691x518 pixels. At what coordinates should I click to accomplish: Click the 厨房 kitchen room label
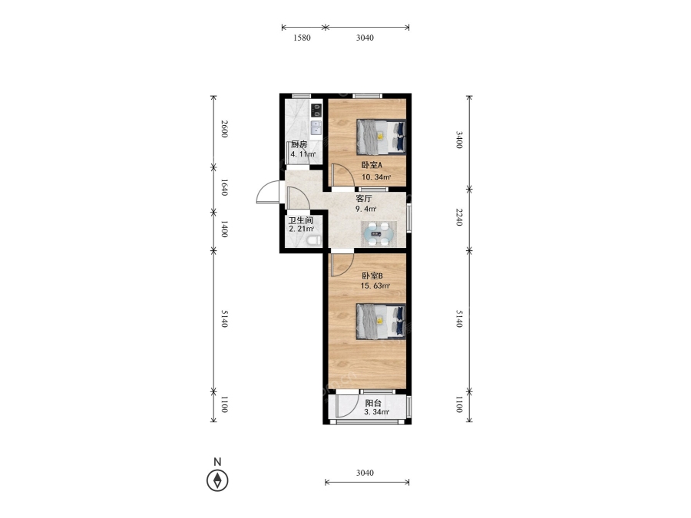pyautogui.click(x=299, y=144)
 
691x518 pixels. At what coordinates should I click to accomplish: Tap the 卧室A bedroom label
pyautogui.click(x=372, y=166)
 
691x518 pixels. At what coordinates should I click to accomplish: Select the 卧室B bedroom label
pyautogui.click(x=372, y=276)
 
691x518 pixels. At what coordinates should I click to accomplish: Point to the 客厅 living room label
pyautogui.click(x=364, y=199)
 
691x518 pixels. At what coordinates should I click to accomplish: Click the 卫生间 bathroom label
pyautogui.click(x=300, y=220)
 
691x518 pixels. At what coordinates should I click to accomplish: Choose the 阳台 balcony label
pyautogui.click(x=373, y=403)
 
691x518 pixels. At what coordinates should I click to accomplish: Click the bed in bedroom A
pyautogui.click(x=381, y=137)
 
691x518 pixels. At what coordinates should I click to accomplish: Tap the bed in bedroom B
pyautogui.click(x=381, y=322)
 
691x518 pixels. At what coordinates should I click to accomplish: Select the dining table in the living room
pyautogui.click(x=379, y=234)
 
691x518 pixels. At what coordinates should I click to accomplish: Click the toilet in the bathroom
pyautogui.click(x=313, y=240)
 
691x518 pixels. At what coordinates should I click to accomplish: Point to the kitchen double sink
pyautogui.click(x=316, y=127)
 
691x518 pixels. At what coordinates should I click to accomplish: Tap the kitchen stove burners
pyautogui.click(x=316, y=111)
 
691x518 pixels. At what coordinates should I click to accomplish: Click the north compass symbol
pyautogui.click(x=217, y=480)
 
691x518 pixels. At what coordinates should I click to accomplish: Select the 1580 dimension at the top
pyautogui.click(x=302, y=38)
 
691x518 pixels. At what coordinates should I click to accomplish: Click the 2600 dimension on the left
pyautogui.click(x=224, y=129)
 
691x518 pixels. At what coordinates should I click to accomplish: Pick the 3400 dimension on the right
pyautogui.click(x=459, y=139)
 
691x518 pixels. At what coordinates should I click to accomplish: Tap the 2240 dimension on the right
pyautogui.click(x=459, y=217)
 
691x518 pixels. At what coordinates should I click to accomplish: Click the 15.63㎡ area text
pyautogui.click(x=375, y=286)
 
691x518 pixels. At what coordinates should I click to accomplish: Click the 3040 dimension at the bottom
pyautogui.click(x=365, y=473)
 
